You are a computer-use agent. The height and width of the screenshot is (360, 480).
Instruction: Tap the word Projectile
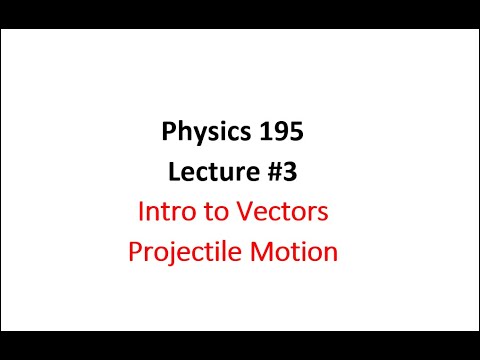(189, 252)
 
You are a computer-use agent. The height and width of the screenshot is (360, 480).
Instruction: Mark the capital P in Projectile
(135, 252)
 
